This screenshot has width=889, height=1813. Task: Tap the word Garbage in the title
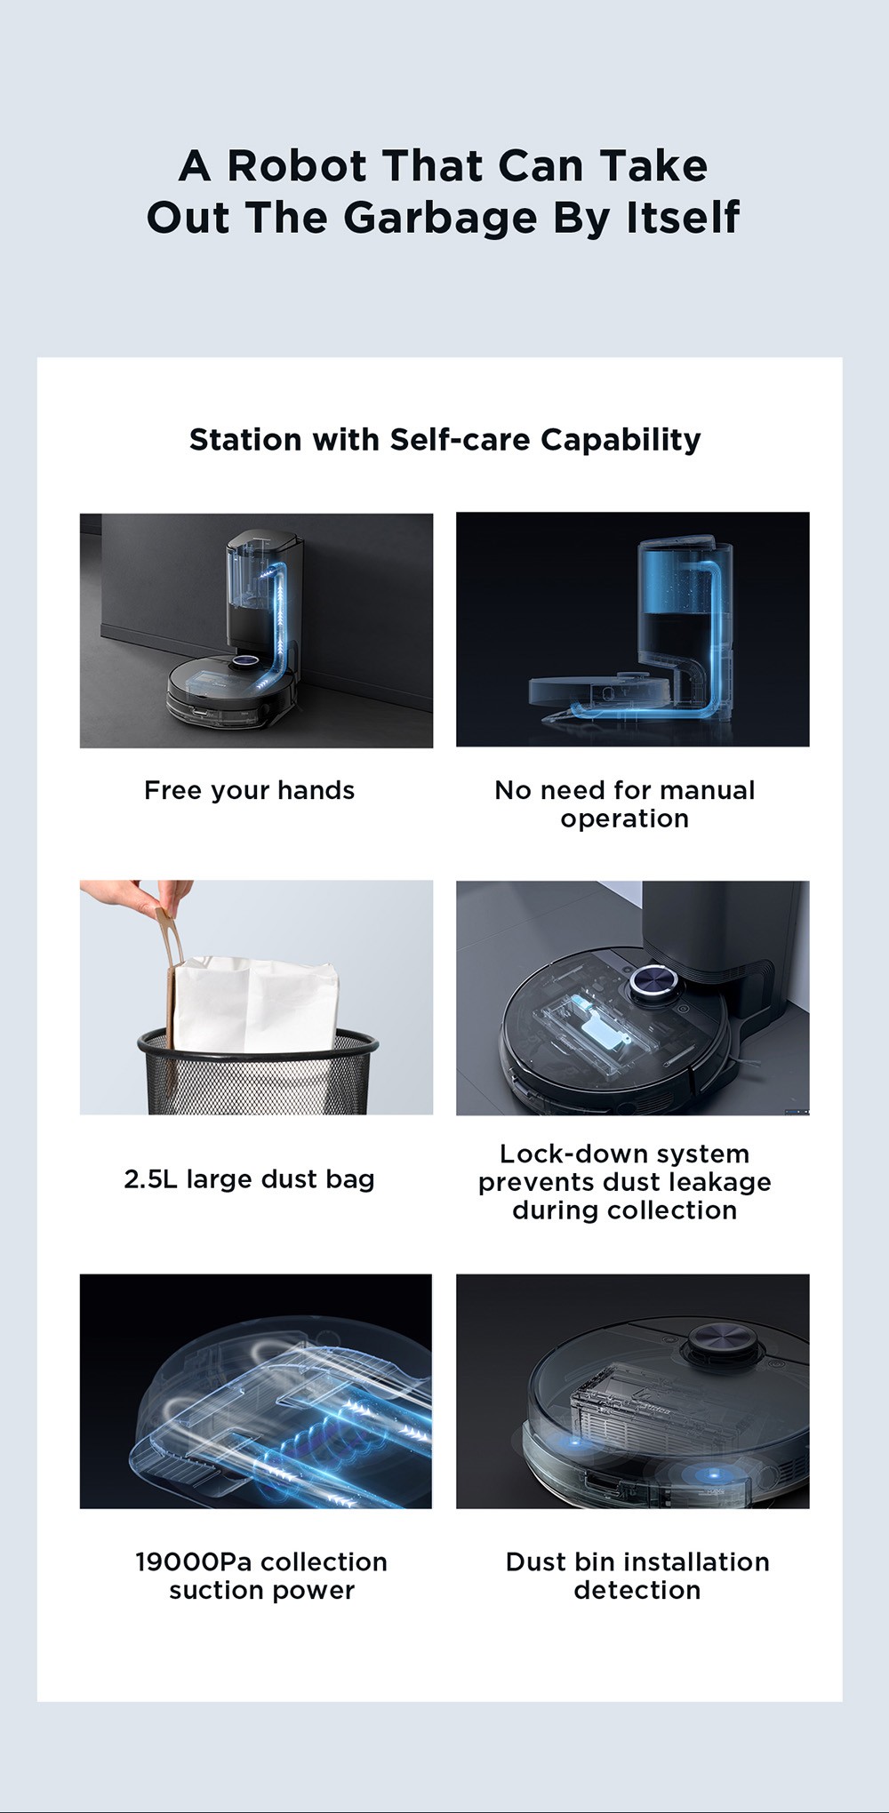tap(440, 218)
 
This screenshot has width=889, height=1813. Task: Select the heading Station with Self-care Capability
tap(444, 439)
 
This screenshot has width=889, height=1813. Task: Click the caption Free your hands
tap(249, 790)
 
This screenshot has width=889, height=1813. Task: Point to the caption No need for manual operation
tap(624, 803)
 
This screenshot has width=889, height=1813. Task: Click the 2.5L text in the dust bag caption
tap(150, 1179)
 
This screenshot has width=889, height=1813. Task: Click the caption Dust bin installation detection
tap(637, 1575)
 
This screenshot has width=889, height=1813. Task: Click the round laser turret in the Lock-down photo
tap(656, 984)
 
